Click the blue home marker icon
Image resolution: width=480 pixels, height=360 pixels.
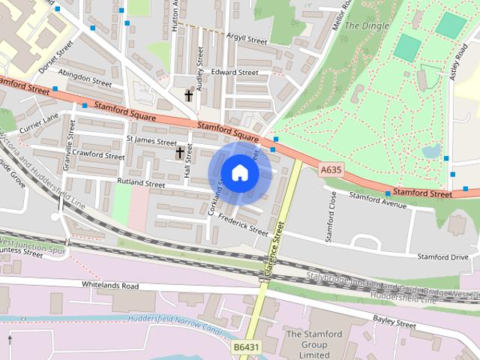point(238,173)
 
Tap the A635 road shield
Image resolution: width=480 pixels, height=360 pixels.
point(331,170)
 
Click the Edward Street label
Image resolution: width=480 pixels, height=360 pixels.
point(234,73)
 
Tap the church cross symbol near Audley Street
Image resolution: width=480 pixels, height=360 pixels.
point(189,95)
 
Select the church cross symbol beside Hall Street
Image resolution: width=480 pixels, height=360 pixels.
point(179,153)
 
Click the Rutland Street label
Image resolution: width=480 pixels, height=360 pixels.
point(140,183)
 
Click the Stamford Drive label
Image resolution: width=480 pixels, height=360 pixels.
point(442,257)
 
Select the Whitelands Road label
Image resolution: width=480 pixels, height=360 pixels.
point(109,286)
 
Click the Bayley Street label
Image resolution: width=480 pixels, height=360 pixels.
point(394,325)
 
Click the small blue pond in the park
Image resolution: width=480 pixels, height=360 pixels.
point(431,151)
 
